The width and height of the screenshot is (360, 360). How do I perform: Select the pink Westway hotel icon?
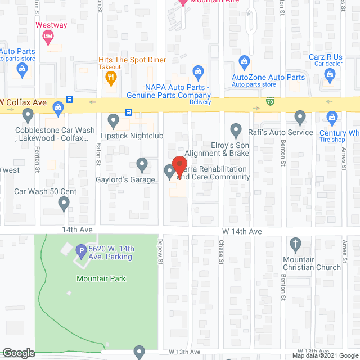[48, 38]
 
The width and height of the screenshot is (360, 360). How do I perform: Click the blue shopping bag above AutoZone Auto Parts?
[244, 61]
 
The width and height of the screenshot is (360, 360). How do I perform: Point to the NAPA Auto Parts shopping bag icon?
[197, 71]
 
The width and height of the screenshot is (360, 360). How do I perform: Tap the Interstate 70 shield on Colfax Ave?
[271, 102]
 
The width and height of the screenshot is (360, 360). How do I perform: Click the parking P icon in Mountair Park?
[82, 250]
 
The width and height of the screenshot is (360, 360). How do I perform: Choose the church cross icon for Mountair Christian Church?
[294, 244]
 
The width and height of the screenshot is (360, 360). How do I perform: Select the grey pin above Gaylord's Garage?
[142, 164]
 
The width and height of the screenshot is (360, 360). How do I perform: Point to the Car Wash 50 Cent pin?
[64, 204]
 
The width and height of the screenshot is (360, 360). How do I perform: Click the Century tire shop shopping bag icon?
[331, 118]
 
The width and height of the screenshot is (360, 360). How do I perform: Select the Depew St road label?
[160, 256]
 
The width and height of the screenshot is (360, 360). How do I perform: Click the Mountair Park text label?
[101, 278]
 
